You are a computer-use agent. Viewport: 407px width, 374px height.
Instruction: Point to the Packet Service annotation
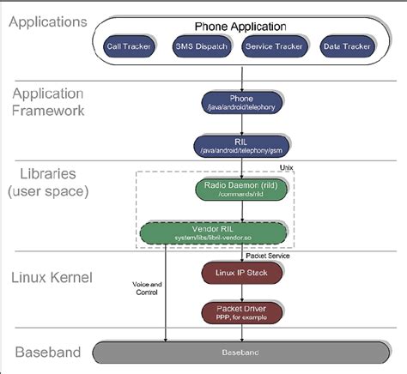(267, 254)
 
